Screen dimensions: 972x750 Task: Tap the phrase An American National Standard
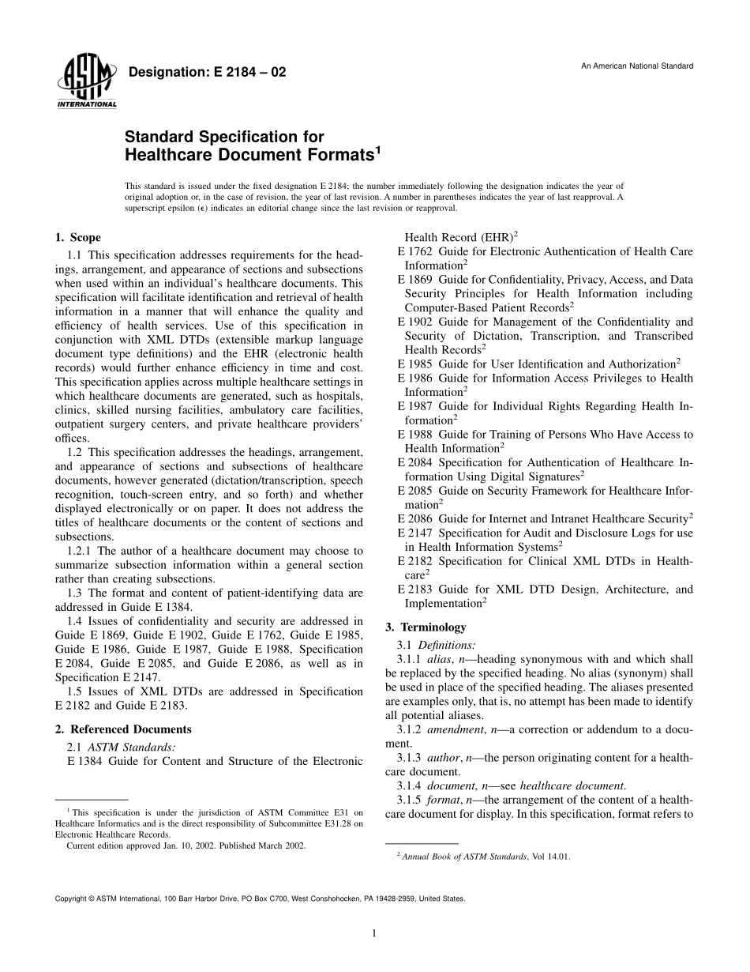pyautogui.click(x=637, y=66)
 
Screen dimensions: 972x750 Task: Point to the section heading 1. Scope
pyautogui.click(x=77, y=238)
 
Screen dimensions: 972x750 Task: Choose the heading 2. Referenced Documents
pyautogui.click(x=123, y=729)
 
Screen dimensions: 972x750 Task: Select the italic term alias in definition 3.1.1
pyautogui.click(x=439, y=659)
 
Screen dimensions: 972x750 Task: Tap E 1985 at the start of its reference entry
pyautogui.click(x=414, y=364)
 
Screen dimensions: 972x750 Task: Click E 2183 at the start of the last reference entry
pyautogui.click(x=414, y=589)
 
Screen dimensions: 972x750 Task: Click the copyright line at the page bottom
pyautogui.click(x=260, y=899)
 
